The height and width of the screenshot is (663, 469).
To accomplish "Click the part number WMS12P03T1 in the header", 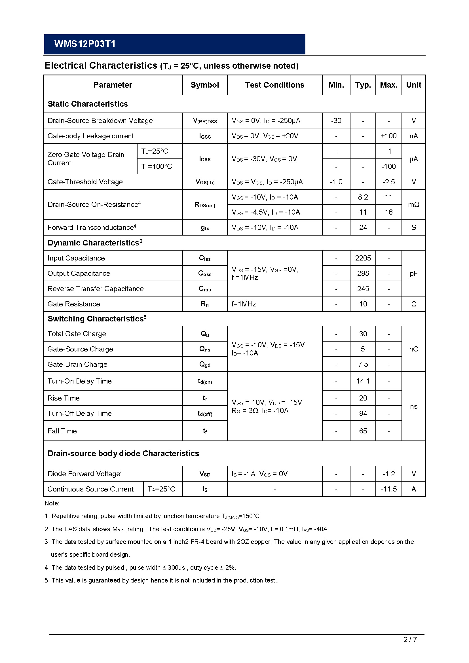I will (x=85, y=44).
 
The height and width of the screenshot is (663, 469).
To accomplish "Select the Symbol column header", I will (x=204, y=85).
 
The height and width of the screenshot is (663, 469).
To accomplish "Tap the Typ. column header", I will (x=363, y=85).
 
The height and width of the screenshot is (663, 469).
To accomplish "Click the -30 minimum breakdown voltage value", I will (x=336, y=120).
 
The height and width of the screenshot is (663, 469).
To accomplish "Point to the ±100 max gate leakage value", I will (x=388, y=136).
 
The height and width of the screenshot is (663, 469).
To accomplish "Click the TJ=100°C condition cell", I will (x=157, y=167).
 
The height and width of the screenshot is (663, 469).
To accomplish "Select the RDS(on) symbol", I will (x=204, y=205).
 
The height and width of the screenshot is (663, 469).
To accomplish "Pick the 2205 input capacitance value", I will (x=363, y=258).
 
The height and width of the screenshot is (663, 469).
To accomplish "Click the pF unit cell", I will (x=413, y=273).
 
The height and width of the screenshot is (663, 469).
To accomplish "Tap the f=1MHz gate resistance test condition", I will (x=244, y=304).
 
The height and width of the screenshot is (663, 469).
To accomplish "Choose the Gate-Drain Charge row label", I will (x=77, y=365).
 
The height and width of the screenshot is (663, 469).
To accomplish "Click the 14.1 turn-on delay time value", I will (x=363, y=381).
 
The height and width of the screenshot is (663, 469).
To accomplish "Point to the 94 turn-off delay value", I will (x=363, y=413).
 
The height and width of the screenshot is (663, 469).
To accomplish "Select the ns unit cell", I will (x=413, y=406).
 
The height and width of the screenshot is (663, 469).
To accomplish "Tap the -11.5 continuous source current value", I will (x=388, y=489).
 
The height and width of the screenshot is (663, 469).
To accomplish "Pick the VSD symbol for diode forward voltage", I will (x=204, y=474).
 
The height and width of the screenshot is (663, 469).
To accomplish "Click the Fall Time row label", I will (x=62, y=431).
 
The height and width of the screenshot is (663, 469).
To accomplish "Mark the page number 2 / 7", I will (x=410, y=639).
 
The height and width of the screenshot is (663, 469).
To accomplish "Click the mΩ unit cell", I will (x=413, y=205).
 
